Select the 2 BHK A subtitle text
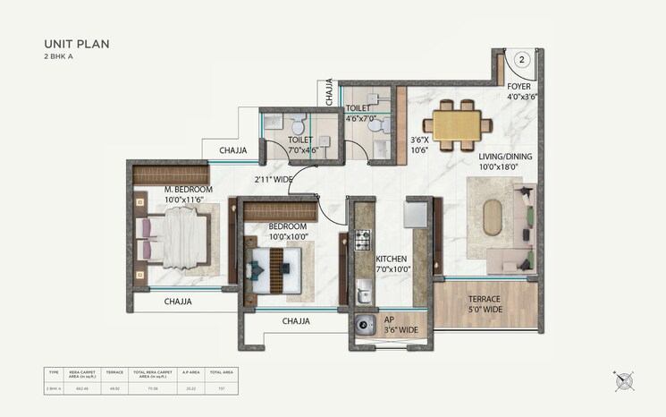point(62,56)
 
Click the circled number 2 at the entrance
point(523,60)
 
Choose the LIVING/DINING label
point(505,162)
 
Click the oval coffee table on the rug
point(495,217)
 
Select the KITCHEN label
point(392,264)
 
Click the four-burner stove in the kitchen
point(363,239)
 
